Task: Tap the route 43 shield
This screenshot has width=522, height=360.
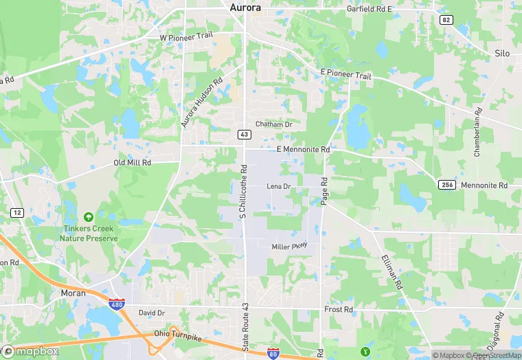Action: (x=244, y=134)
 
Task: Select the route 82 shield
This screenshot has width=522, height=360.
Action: (x=446, y=20)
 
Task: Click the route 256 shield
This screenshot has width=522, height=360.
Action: (x=445, y=185)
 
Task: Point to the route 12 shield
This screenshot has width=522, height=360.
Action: (x=16, y=213)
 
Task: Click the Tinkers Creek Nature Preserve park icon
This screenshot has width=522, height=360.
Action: (x=88, y=217)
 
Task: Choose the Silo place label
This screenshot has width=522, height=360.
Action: (x=503, y=53)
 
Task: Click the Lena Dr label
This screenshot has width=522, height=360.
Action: (x=279, y=186)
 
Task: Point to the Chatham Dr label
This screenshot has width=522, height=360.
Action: (x=273, y=124)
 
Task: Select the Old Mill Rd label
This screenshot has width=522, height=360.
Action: (x=132, y=163)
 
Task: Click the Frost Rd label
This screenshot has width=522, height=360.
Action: (x=338, y=310)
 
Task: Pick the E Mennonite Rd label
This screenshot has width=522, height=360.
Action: (x=303, y=149)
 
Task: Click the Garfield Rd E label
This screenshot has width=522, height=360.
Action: (x=368, y=9)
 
